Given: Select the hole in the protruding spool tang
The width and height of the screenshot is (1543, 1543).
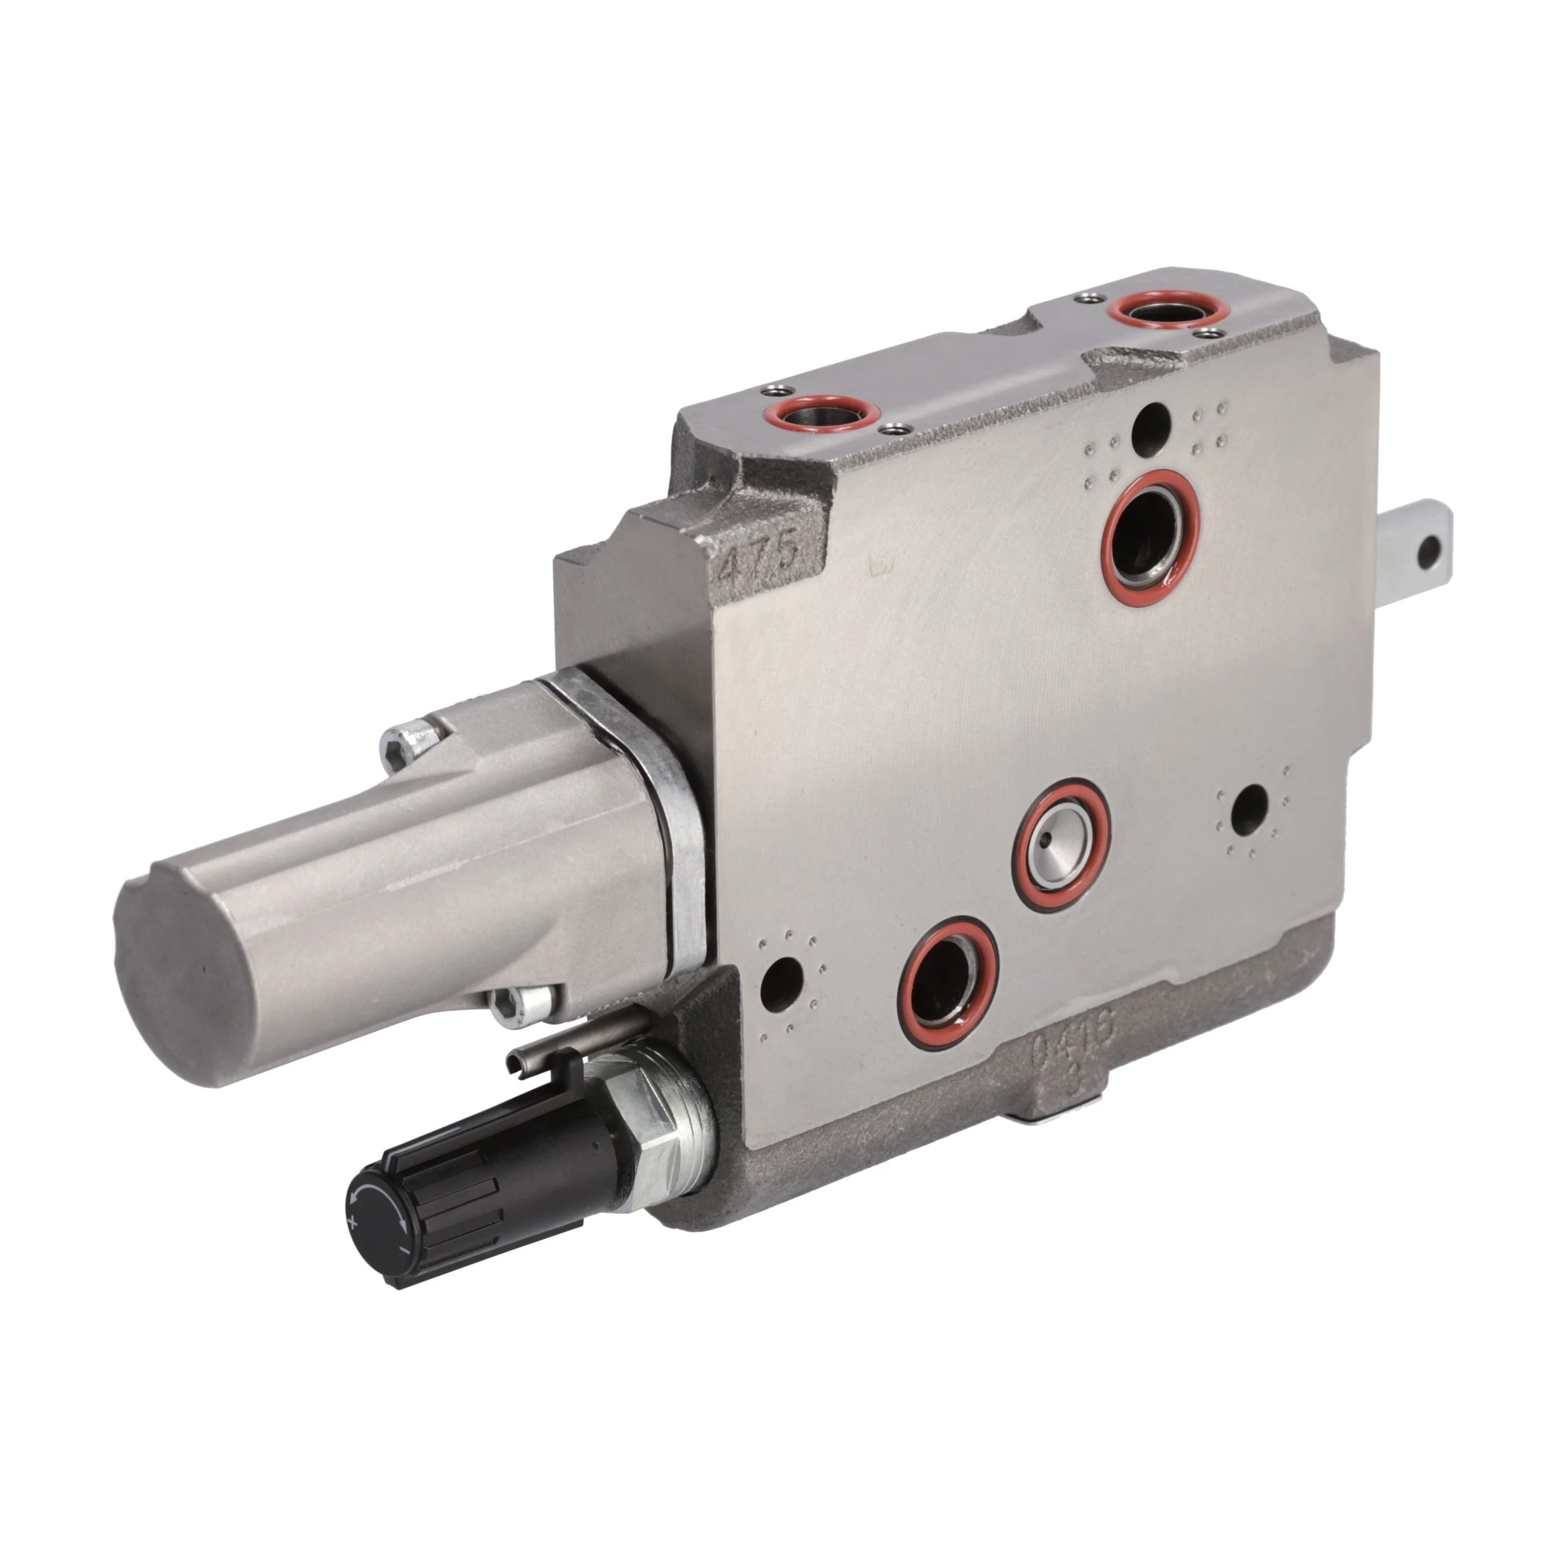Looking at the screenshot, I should click(x=1430, y=549).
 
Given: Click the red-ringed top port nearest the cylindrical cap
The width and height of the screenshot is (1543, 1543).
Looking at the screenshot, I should click(x=822, y=414).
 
